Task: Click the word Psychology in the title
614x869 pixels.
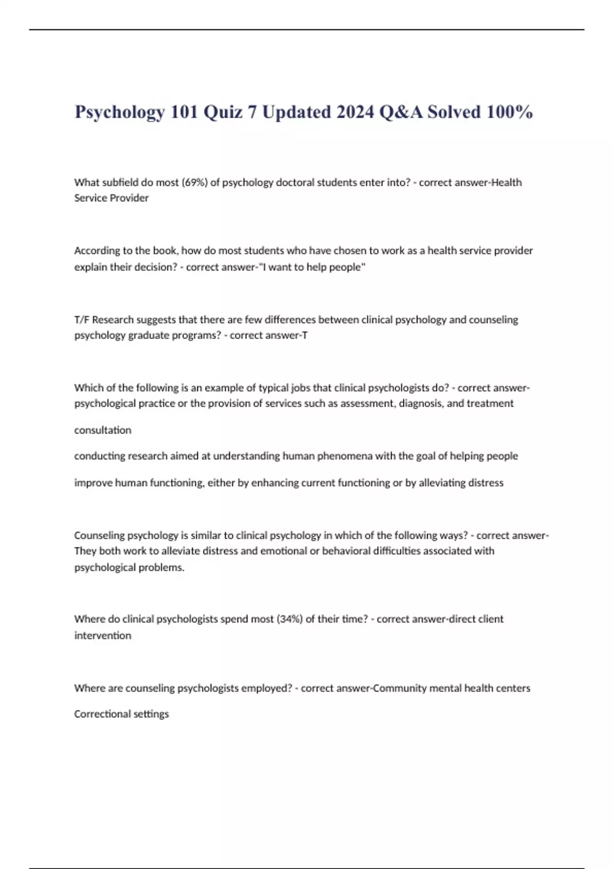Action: pyautogui.click(x=120, y=112)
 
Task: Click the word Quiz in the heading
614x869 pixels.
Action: pyautogui.click(x=223, y=112)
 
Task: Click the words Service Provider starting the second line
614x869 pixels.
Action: pyautogui.click(x=112, y=198)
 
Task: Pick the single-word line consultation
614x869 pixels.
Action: pyautogui.click(x=103, y=430)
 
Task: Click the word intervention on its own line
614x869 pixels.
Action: pyautogui.click(x=103, y=635)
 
